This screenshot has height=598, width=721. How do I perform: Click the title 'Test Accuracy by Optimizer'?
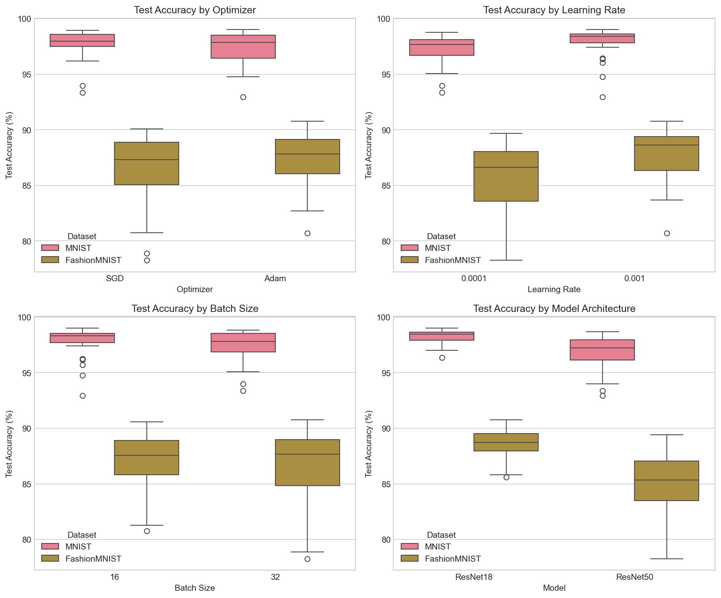[195, 10]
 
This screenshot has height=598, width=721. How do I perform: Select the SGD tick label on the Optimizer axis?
[114, 278]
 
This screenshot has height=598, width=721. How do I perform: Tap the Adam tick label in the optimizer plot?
[275, 278]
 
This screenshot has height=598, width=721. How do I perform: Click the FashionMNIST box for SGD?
[146, 164]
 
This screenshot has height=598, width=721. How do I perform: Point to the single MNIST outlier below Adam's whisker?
[243, 97]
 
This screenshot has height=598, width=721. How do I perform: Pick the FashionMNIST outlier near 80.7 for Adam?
[307, 233]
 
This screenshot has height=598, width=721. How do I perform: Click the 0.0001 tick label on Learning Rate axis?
[474, 278]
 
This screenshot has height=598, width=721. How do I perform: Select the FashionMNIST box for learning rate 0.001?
[666, 154]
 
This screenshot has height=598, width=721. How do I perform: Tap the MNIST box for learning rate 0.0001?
[442, 47]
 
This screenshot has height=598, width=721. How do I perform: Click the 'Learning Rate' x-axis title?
[554, 289]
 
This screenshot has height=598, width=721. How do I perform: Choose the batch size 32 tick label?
[275, 577]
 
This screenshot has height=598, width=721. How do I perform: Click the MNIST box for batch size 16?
[82, 338]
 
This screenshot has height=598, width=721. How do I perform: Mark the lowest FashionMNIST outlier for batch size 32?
[307, 559]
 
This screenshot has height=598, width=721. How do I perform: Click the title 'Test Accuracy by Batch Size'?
[195, 309]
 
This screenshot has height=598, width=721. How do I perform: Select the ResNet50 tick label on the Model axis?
[634, 577]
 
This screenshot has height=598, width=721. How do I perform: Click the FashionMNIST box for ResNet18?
[506, 442]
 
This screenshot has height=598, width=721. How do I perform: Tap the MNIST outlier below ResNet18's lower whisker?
[442, 358]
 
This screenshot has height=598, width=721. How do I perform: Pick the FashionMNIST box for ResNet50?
[666, 481]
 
